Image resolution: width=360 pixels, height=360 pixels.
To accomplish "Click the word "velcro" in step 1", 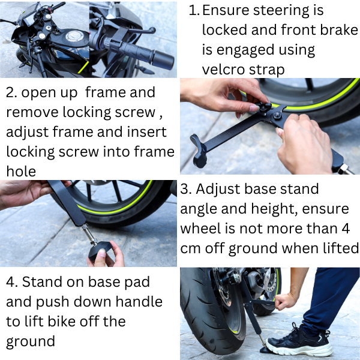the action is [x=223, y=70].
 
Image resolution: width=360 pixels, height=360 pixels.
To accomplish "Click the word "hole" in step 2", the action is [x=21, y=171].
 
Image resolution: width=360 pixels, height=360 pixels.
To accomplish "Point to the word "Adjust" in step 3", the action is [x=218, y=189].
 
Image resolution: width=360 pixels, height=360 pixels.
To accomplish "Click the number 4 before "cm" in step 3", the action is [x=346, y=228].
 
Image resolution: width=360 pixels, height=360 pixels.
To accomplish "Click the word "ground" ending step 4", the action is [x=31, y=341].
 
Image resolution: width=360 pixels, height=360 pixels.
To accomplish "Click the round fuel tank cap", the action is [x=74, y=36].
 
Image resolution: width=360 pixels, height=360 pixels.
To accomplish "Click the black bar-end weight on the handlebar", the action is [x=164, y=59].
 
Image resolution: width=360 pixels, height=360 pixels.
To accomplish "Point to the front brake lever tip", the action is [x=152, y=30].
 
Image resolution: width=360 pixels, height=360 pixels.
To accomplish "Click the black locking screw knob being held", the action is [x=263, y=107].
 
